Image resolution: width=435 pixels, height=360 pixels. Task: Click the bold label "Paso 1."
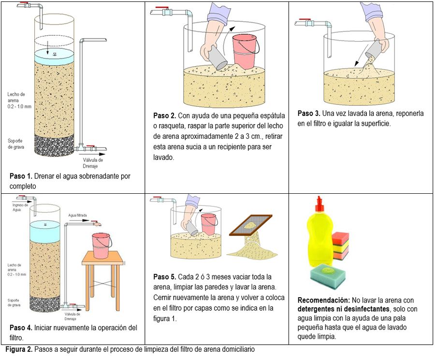coord(21,176)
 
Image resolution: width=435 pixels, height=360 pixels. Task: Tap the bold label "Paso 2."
coord(164,115)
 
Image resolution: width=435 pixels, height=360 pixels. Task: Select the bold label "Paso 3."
coord(309,114)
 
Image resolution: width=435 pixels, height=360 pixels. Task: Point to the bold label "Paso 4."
coord(21,328)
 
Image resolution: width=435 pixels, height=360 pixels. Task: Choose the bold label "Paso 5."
coord(164,277)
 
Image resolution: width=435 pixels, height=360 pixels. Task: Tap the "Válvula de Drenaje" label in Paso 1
coord(93,163)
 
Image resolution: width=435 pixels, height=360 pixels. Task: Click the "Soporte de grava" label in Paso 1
coord(15,144)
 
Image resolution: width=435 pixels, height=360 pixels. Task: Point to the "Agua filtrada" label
coord(77,215)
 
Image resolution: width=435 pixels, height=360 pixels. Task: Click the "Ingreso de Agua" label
coord(20,207)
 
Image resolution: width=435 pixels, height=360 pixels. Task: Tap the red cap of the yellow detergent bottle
coord(319,202)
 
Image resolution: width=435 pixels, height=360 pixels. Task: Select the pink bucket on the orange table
coord(101,245)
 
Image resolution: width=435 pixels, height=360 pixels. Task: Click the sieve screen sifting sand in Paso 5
coord(250,225)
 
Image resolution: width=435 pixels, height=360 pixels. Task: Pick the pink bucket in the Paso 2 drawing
coord(244,51)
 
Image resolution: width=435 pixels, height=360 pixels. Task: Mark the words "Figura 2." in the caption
coord(19,349)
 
